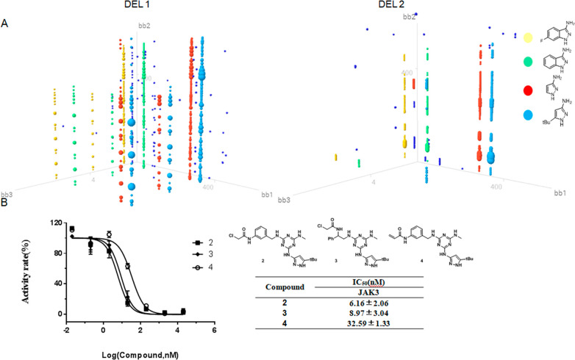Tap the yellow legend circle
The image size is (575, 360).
point(507,36)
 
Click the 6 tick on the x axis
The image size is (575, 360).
point(213,330)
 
